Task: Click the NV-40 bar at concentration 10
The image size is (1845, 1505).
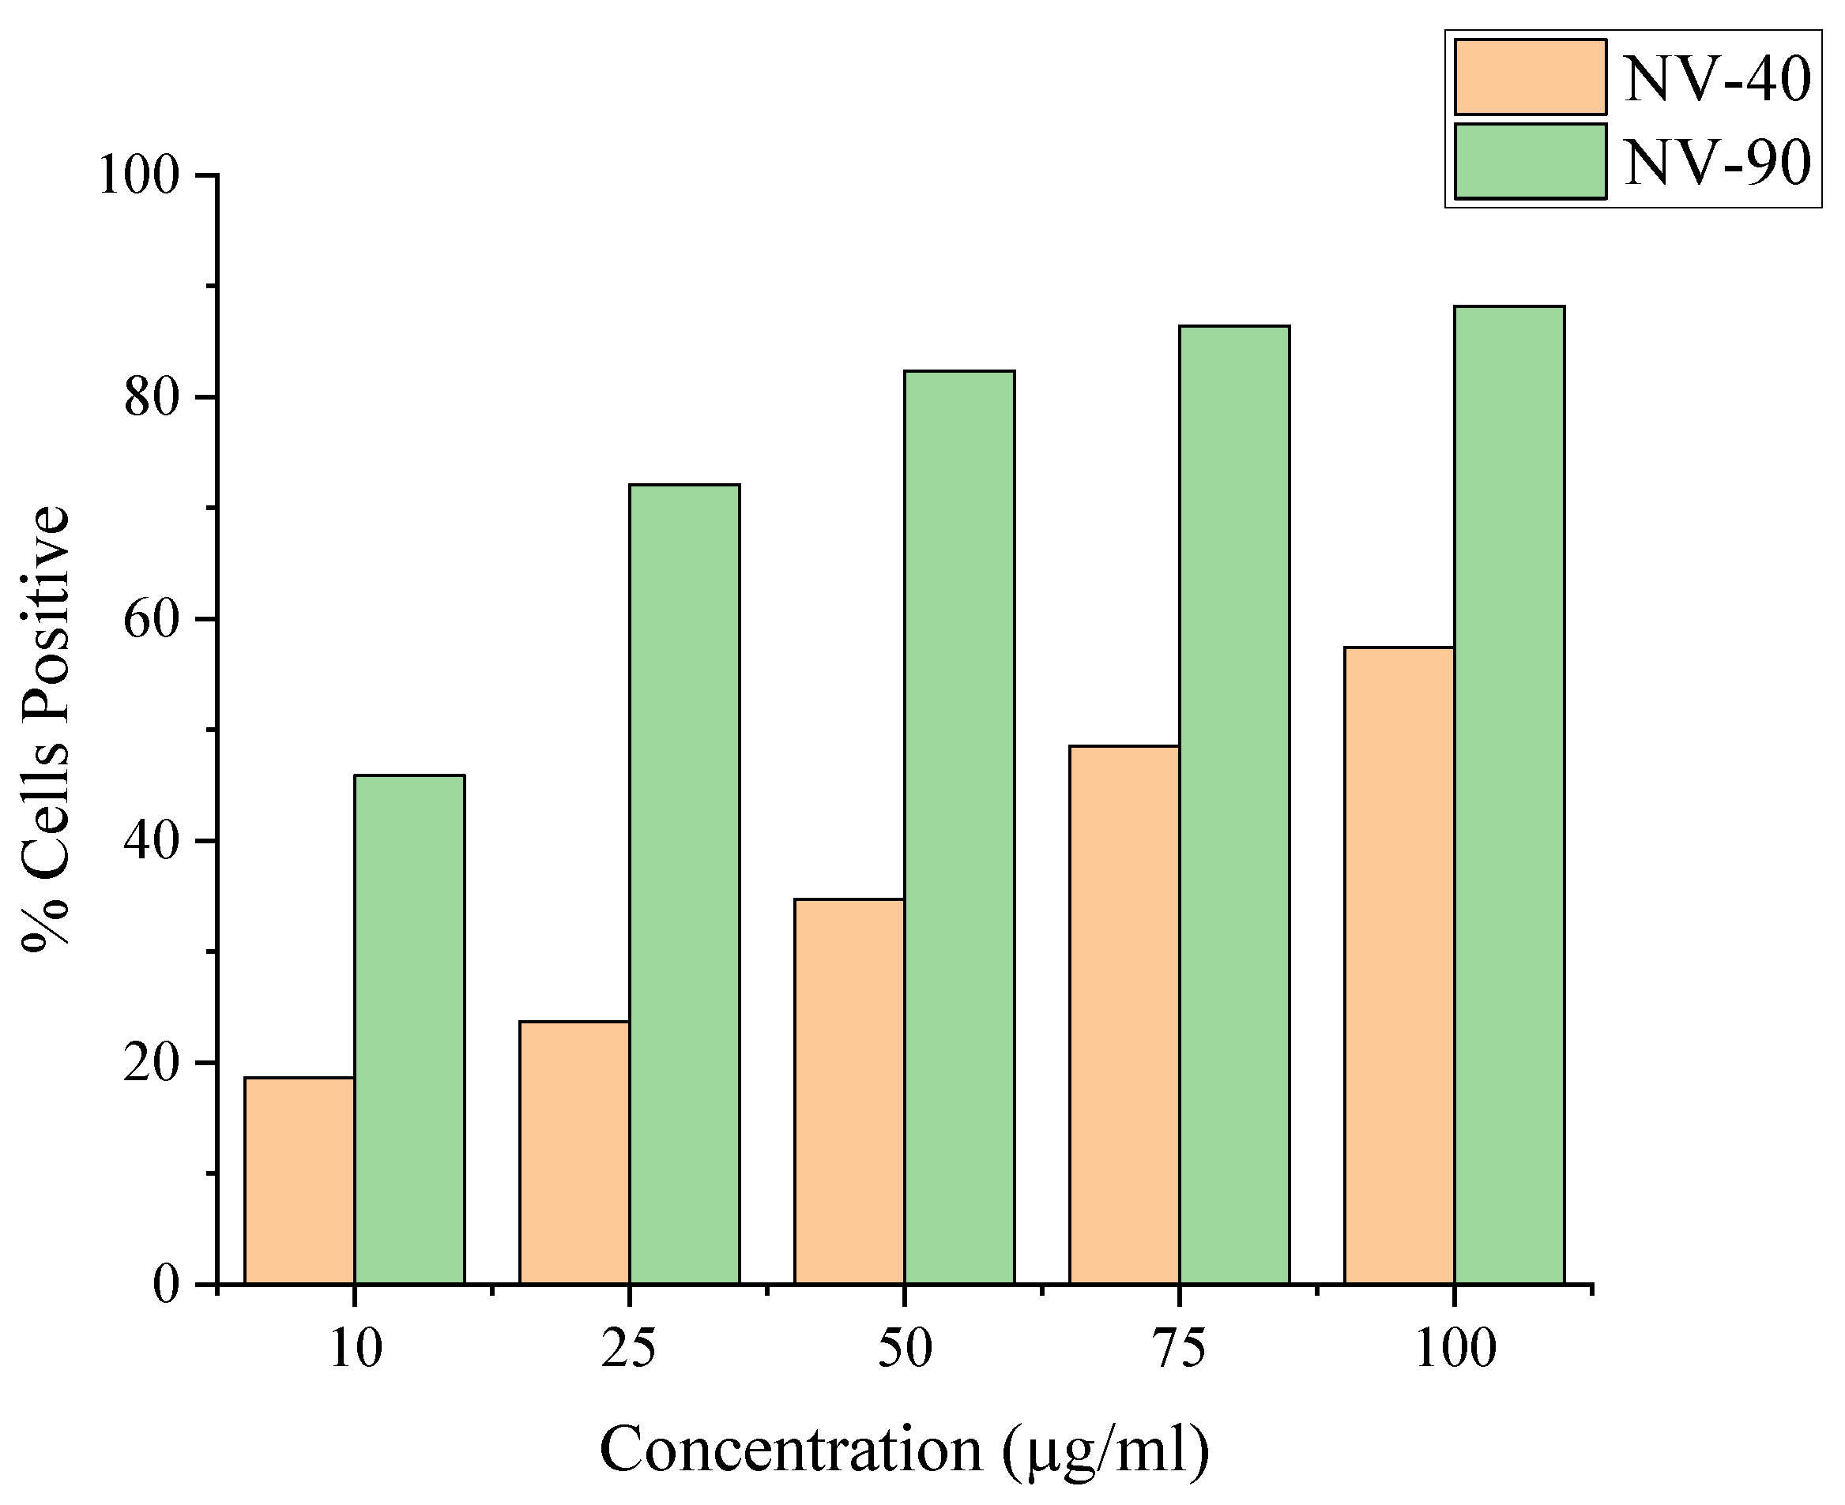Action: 299,1180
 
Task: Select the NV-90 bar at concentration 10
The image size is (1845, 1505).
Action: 409,1029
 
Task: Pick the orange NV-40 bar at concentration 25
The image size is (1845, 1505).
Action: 574,1152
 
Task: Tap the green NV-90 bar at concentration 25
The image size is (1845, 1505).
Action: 684,884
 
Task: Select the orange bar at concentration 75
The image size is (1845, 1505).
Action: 1124,1015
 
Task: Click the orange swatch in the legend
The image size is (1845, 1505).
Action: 1531,77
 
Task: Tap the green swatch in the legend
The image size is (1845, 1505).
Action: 1531,161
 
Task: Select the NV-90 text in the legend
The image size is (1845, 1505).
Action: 1718,162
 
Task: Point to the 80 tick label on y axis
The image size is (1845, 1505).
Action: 151,398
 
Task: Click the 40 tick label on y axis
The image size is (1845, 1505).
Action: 151,842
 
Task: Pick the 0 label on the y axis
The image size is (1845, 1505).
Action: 166,1285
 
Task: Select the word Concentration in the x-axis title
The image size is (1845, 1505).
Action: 790,1451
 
